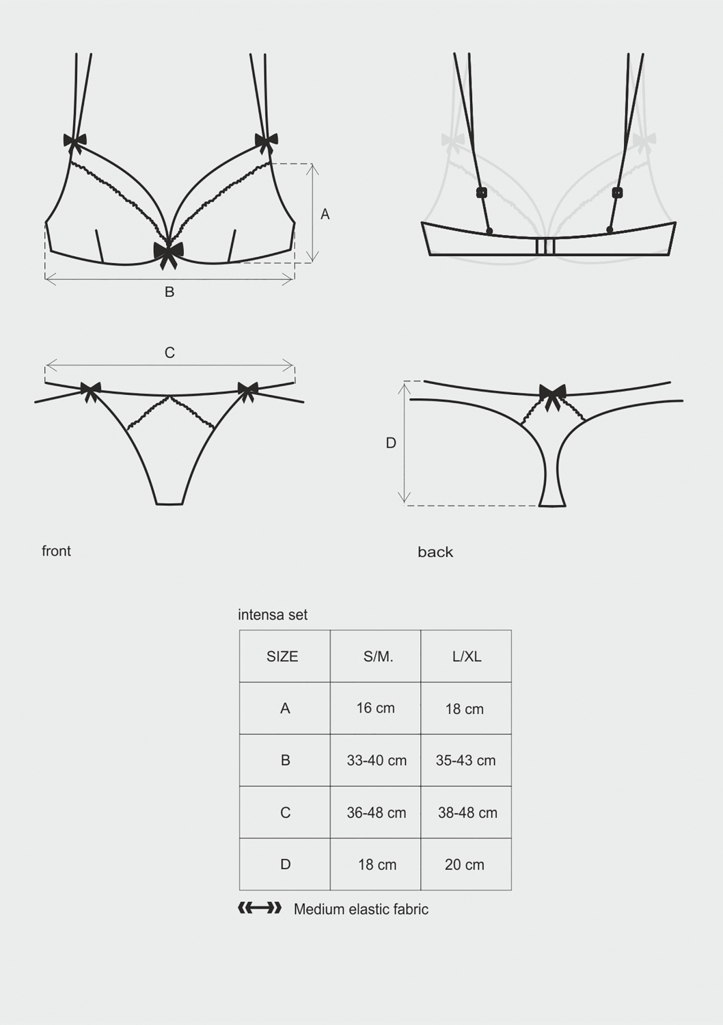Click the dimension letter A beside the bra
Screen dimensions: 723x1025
point(325,214)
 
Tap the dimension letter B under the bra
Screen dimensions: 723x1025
point(169,292)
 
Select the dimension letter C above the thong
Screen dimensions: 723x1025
point(169,353)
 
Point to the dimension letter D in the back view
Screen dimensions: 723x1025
point(391,443)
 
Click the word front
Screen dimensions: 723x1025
point(56,551)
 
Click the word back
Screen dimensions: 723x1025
point(435,552)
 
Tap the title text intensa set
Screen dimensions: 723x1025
point(273,614)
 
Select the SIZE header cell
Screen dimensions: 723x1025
point(285,656)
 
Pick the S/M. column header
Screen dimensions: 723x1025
point(375,656)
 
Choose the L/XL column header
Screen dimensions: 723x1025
point(466,656)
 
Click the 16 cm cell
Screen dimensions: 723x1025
point(375,708)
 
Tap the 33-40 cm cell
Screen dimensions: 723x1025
point(375,760)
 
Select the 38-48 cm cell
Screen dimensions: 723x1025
point(466,812)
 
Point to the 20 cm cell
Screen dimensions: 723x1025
point(466,864)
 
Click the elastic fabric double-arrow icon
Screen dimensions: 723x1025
point(260,908)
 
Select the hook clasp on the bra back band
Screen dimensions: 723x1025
point(545,246)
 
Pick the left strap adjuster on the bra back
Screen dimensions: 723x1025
point(481,193)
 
